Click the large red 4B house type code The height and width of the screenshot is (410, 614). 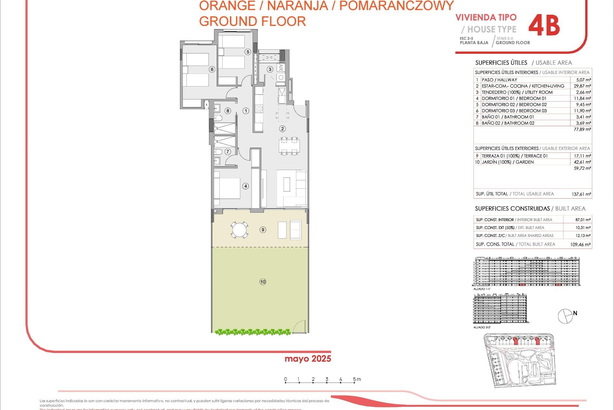coord(544,25)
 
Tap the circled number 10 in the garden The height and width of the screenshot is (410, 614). coord(263,282)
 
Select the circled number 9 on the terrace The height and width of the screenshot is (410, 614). coord(263,230)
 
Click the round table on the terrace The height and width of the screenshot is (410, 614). coord(240,230)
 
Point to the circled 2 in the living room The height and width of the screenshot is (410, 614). coord(282,129)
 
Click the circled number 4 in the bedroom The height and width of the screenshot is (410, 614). coord(246,186)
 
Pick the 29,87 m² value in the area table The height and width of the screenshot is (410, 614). coord(582,86)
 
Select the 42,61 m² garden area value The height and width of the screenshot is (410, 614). coord(582,162)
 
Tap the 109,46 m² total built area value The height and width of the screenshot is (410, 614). coord(580,244)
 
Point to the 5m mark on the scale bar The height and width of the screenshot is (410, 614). coord(355,380)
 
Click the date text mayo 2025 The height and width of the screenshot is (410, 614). coord(308,359)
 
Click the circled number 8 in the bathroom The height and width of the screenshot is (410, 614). coord(228,111)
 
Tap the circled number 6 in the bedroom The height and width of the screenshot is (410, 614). coord(212,70)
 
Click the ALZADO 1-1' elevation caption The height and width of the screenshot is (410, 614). coord(482,289)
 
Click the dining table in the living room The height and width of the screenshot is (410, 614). coord(289,146)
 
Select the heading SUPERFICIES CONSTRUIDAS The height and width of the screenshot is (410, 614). coord(512,209)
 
